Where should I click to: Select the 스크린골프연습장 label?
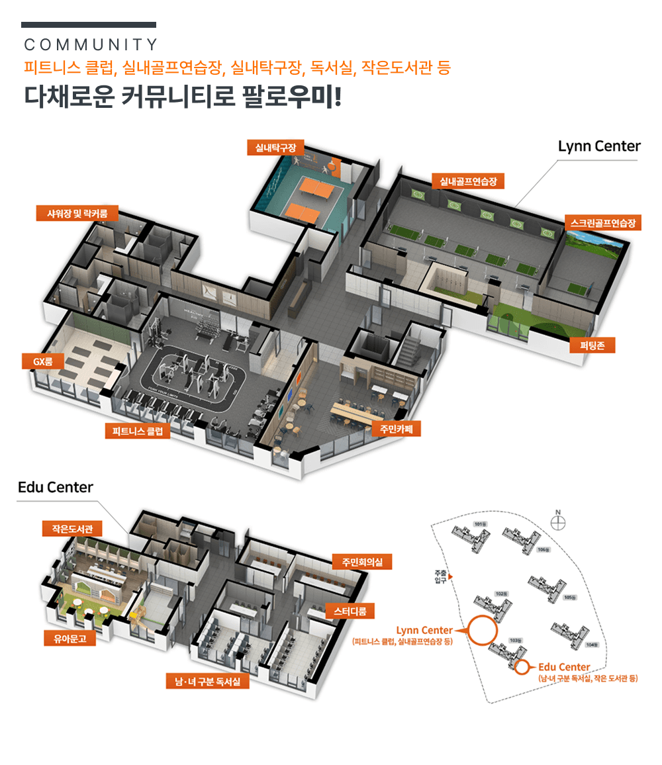[x=602, y=223]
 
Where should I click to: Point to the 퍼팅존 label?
[x=592, y=345]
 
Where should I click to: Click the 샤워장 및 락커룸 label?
[x=77, y=213]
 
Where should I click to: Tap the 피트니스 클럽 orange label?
[x=138, y=431]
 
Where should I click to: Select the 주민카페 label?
[x=396, y=428]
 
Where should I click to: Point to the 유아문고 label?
[x=65, y=639]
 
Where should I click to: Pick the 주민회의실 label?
[x=362, y=562]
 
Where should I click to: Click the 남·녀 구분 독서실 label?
[x=208, y=681]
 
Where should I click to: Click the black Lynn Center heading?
[x=599, y=146]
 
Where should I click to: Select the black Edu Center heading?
[x=56, y=488]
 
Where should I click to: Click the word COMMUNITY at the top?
[x=91, y=45]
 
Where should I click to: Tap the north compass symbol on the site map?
[x=559, y=522]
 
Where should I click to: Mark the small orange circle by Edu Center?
[x=523, y=667]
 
